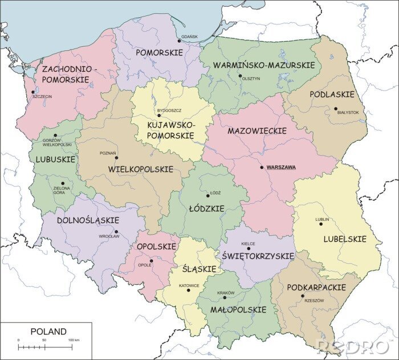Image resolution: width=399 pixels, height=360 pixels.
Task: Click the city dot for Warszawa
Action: tap(262, 167)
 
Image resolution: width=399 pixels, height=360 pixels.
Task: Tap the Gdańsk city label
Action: tap(189, 36)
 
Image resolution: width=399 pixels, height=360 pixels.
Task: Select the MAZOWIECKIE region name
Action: tap(256, 131)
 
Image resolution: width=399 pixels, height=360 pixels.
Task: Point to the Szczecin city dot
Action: tap(33, 92)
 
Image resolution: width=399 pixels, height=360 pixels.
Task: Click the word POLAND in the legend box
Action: tap(48, 332)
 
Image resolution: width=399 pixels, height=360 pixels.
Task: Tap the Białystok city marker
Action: tap(336, 108)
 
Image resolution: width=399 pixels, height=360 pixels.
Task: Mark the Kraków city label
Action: tap(226, 293)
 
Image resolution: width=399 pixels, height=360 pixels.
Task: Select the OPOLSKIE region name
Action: tap(156, 247)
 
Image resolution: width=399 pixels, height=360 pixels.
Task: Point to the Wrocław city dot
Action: tap(116, 232)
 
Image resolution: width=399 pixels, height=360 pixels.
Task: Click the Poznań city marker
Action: tap(116, 158)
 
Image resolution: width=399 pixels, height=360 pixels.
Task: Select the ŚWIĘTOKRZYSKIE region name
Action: tap(258, 256)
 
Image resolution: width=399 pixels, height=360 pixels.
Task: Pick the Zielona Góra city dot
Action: tap(63, 183)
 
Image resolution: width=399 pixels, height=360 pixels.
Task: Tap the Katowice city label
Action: tap(188, 285)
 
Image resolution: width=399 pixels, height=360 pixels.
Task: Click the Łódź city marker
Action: tap(208, 195)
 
